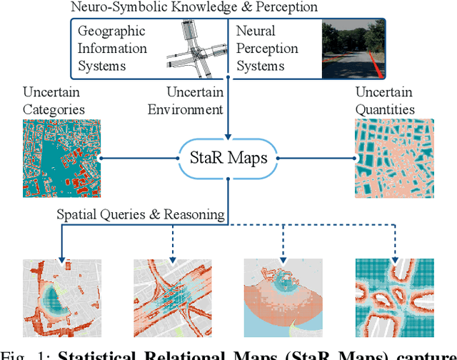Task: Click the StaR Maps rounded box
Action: (x=228, y=158)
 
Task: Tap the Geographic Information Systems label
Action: (x=111, y=49)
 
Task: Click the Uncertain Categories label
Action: (x=54, y=101)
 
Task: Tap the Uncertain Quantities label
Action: (x=383, y=101)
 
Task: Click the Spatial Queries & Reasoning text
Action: (x=141, y=214)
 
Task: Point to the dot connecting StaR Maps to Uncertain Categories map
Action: (x=101, y=158)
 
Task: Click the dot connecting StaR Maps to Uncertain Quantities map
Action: (x=354, y=158)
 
